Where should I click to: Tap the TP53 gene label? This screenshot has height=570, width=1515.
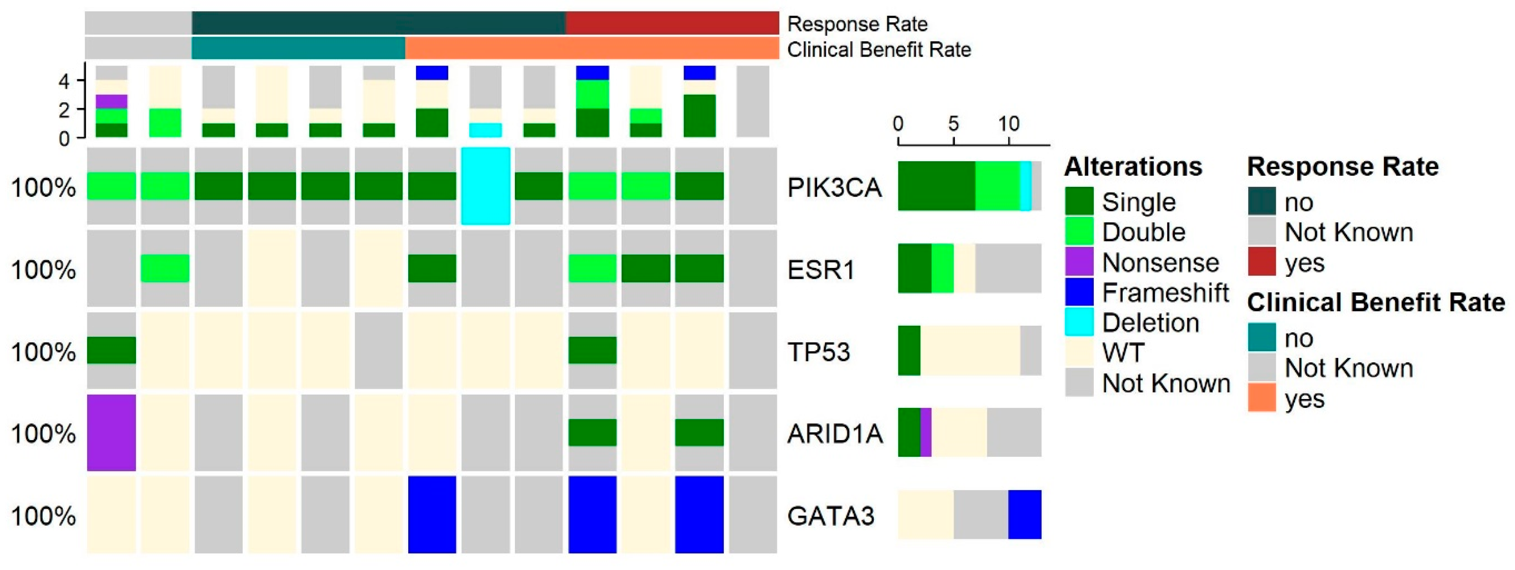819,353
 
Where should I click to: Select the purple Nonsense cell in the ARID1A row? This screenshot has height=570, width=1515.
111,432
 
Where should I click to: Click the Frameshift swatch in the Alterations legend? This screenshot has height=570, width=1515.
1079,292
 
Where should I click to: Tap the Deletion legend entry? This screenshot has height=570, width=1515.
1150,322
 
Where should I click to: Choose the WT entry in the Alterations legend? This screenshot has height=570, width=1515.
1123,353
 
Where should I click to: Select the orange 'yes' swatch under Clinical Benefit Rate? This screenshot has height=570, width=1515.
1262,398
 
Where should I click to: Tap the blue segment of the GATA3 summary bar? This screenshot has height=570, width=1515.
1025,514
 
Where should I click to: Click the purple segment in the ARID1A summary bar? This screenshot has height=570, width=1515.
926,432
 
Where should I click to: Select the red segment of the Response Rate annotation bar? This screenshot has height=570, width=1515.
672,23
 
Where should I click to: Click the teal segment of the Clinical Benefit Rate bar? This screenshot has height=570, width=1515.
298,48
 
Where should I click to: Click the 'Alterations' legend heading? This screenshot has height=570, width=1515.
1133,167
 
